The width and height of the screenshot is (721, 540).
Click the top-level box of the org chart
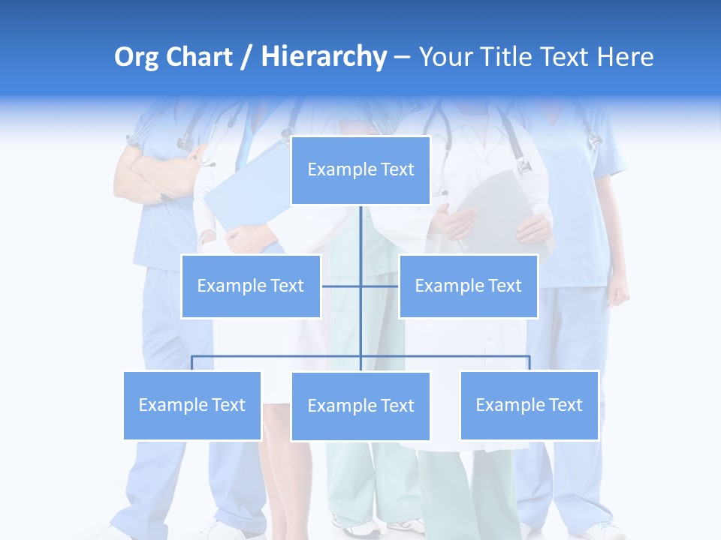tap(360, 170)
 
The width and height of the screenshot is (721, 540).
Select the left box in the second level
tap(251, 286)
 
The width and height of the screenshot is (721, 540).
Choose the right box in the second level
tap(468, 286)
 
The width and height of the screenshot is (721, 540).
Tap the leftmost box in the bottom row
tap(192, 405)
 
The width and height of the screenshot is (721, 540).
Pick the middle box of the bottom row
tap(360, 406)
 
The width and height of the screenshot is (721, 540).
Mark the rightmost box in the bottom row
tap(529, 405)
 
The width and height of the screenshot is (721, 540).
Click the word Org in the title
tap(136, 57)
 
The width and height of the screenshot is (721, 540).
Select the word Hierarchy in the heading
tap(323, 57)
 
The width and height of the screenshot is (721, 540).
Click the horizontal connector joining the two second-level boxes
tap(342, 286)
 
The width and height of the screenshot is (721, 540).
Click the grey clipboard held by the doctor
tap(499, 202)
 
